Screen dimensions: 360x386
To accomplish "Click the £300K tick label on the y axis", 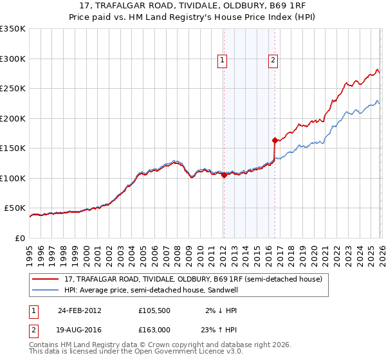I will tap(13, 59).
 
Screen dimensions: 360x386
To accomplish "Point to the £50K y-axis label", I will tap(15, 208).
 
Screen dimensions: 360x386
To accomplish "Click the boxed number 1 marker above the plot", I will tap(222, 60).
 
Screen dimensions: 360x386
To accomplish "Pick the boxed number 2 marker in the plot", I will tap(273, 60).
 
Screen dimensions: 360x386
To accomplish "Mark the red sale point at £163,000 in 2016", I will tap(275, 140).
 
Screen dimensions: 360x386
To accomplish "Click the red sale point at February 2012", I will tap(224, 175).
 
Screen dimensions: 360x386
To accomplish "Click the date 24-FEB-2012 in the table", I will tap(79, 310).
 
